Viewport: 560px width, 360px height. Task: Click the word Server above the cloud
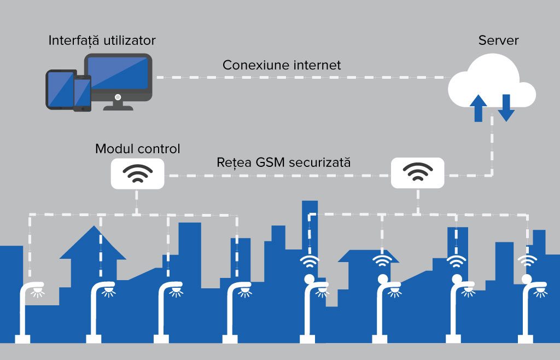498,40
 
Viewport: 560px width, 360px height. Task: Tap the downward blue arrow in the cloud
505,107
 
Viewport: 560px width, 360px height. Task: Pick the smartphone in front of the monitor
82,94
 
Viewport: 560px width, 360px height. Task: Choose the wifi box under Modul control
138,174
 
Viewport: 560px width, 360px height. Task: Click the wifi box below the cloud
417,174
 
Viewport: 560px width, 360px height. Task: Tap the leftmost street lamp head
36,286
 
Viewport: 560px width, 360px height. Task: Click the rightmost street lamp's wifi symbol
527,261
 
